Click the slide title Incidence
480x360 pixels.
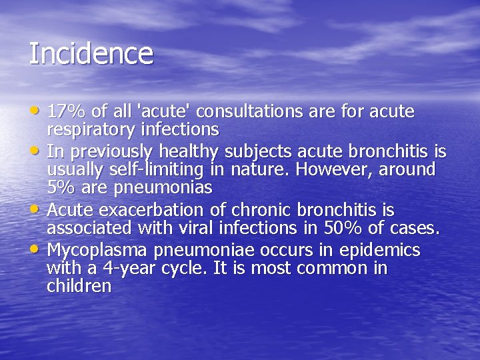point(91,53)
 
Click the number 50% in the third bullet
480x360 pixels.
point(344,229)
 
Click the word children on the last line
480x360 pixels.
point(79,287)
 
